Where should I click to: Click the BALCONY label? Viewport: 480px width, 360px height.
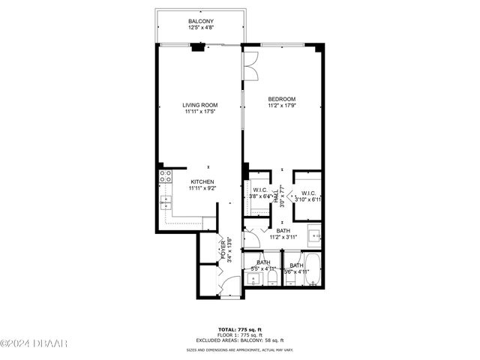(199, 21)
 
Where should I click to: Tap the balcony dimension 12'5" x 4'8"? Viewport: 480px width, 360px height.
(199, 28)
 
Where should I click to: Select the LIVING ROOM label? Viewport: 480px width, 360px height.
(199, 105)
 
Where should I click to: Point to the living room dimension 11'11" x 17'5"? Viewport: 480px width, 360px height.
(199, 112)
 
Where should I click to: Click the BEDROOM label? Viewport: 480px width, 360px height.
(282, 99)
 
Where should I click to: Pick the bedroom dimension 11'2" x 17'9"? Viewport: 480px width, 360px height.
(282, 106)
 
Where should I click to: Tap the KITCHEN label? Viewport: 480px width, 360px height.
(202, 181)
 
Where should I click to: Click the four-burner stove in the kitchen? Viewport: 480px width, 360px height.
(165, 177)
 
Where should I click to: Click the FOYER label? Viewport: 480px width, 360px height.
(223, 247)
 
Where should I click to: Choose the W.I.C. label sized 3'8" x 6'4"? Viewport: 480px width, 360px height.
(260, 190)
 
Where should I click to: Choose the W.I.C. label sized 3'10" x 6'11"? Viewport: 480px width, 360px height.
(307, 192)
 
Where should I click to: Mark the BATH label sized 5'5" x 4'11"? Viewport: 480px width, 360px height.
(263, 262)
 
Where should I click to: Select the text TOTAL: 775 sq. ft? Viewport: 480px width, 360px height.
(240, 330)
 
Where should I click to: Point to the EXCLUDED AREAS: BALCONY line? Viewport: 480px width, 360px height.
(240, 340)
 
